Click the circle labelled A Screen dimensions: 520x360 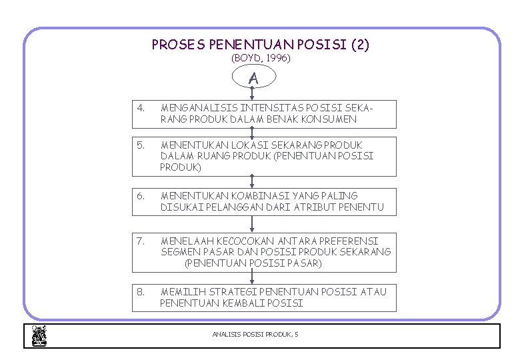[x=253, y=78]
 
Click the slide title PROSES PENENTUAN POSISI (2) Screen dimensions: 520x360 [x=261, y=45]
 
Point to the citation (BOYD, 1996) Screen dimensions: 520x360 [x=261, y=58]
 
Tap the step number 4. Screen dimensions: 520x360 [x=139, y=107]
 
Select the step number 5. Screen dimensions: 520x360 [x=139, y=145]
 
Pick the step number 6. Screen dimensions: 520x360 [x=139, y=195]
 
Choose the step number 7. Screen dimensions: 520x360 [x=139, y=241]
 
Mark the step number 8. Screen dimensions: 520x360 [x=139, y=291]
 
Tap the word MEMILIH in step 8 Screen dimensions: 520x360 [x=179, y=291]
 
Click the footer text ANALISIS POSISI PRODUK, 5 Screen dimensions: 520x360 [x=255, y=333]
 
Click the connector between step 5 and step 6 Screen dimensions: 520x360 [x=252, y=182]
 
